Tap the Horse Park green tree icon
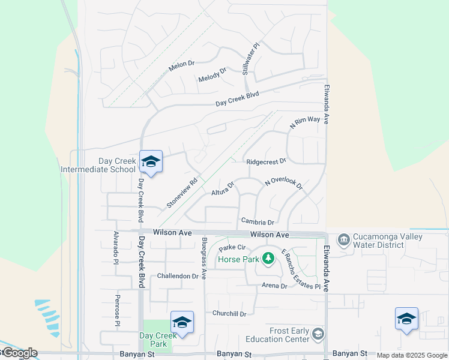click(268, 259)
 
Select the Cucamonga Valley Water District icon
click(343, 241)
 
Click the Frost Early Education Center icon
click(318, 334)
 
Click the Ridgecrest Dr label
click(266, 161)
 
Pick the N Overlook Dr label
click(284, 184)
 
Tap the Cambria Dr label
click(258, 222)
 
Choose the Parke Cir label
click(233, 247)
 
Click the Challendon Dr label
click(178, 276)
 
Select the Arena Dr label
click(274, 286)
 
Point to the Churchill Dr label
click(229, 313)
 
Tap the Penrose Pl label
click(118, 310)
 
